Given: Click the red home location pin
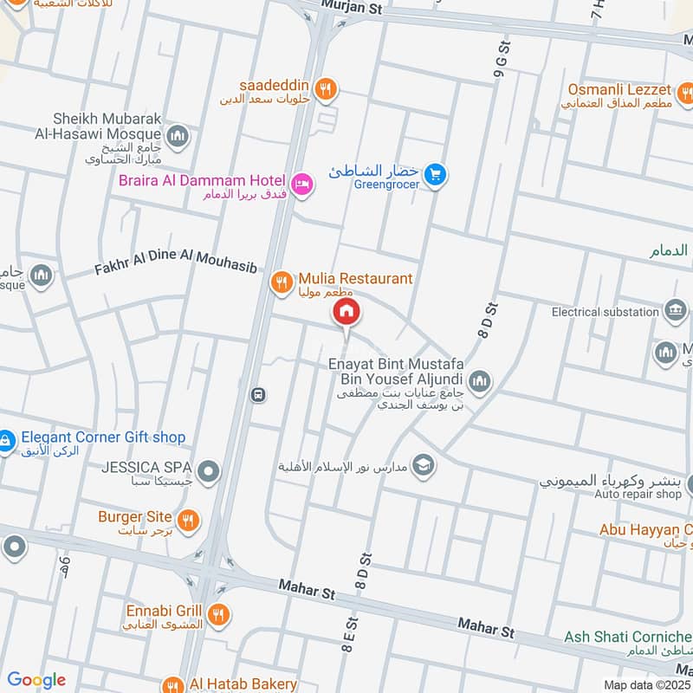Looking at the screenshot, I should click(346, 313).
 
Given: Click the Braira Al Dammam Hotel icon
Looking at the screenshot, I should click(301, 184).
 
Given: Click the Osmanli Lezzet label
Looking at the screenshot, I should click(619, 90).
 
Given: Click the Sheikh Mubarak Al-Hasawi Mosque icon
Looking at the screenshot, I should click(178, 136).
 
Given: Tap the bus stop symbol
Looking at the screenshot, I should click(257, 395).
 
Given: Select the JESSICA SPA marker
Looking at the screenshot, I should click(208, 472).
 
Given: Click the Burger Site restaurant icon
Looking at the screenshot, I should click(187, 520).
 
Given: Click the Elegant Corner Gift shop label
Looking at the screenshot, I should click(103, 438).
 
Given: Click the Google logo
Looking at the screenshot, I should click(36, 680).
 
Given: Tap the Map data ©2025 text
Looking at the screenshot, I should click(644, 684).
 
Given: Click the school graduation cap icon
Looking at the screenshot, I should click(423, 465).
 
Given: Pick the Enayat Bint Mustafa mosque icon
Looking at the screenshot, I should click(479, 381).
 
